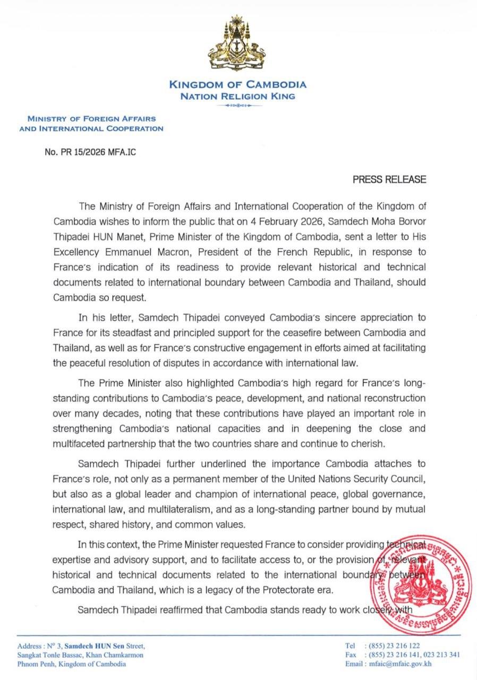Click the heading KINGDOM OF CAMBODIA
[x=237, y=85]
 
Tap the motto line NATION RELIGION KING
[x=237, y=97]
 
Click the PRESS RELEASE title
[x=389, y=179]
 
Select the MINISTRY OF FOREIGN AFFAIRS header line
[x=91, y=119]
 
